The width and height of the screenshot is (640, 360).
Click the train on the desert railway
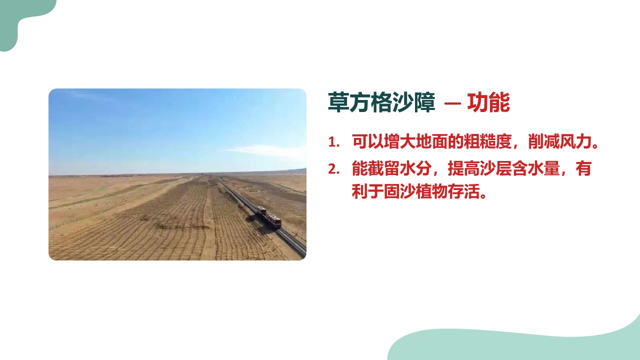coord(269,217)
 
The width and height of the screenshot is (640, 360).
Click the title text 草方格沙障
coord(381,102)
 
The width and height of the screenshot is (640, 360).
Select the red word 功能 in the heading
coord(488,102)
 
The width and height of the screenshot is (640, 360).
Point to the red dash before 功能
coord(452,103)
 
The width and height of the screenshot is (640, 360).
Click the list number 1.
coord(333,142)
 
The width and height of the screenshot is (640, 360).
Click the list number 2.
coord(333,169)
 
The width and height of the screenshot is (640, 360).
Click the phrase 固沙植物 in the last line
coord(415,191)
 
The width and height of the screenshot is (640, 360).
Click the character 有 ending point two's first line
coord(583,168)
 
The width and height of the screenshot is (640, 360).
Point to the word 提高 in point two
coord(463,168)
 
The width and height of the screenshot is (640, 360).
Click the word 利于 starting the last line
coord(367,191)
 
